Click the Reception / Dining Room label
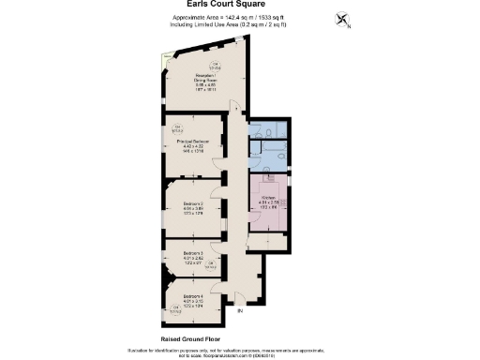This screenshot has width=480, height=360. click(206, 82)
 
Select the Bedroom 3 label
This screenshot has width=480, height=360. click(193, 258)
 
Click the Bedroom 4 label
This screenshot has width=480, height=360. click(193, 299)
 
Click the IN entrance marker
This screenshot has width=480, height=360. click(240, 310)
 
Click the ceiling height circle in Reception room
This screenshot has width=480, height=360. click(214, 66)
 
